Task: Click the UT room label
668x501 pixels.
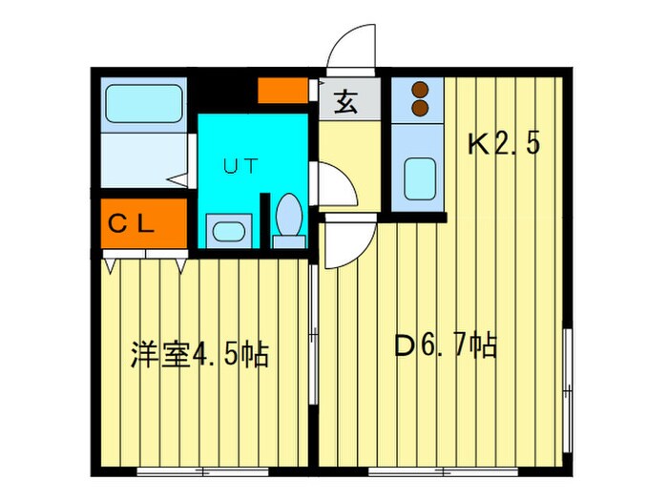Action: click(240, 165)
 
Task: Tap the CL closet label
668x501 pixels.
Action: click(130, 225)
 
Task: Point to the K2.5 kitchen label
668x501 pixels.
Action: click(504, 144)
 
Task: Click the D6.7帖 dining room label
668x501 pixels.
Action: click(446, 345)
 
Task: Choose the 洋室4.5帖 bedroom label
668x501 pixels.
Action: click(199, 354)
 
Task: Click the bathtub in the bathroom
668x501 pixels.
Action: click(143, 104)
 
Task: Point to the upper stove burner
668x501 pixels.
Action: click(421, 90)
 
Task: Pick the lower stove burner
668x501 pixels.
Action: click(421, 107)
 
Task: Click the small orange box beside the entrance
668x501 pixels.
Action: click(282, 90)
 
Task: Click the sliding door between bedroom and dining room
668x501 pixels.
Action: click(314, 334)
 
